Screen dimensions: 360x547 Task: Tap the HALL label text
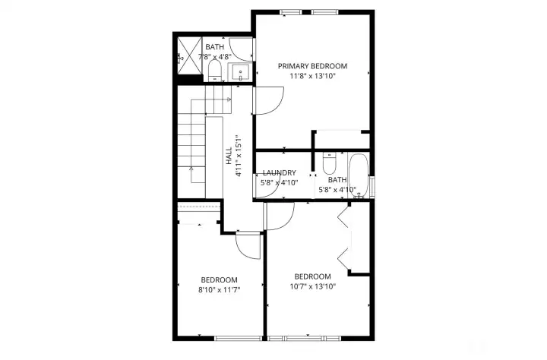click(229, 156)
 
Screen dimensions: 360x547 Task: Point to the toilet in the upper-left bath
click(214, 72)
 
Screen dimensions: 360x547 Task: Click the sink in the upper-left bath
click(241, 74)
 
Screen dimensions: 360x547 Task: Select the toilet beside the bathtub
click(329, 164)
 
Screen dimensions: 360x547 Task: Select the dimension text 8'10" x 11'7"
click(220, 289)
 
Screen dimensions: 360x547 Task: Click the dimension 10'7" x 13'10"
click(312, 286)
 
